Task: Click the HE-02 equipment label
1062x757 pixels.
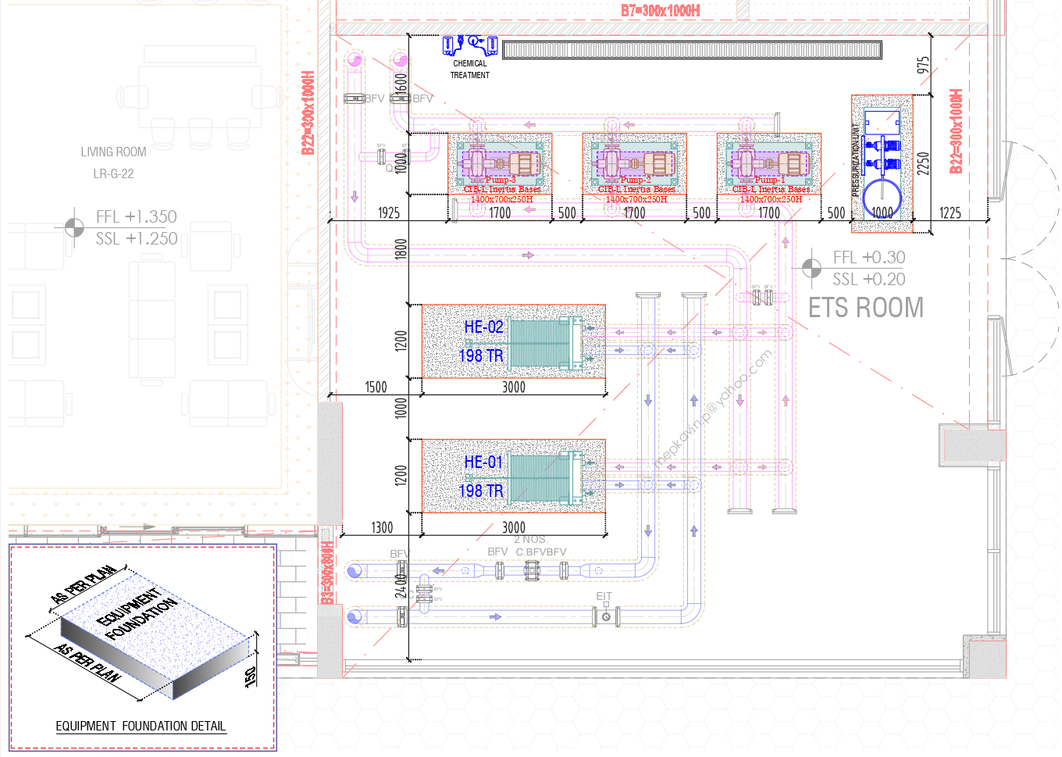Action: pyautogui.click(x=483, y=327)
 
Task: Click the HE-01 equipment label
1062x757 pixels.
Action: pyautogui.click(x=483, y=462)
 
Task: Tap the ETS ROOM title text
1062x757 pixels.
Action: pyautogui.click(x=865, y=308)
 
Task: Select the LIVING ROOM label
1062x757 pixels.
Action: pyautogui.click(x=113, y=152)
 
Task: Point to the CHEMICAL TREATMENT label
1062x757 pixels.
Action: pyautogui.click(x=469, y=69)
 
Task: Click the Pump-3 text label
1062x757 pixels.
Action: pyautogui.click(x=501, y=180)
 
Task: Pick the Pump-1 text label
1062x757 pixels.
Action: pyautogui.click(x=770, y=180)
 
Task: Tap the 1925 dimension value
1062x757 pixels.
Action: pyautogui.click(x=388, y=212)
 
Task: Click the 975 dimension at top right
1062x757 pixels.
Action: pyautogui.click(x=923, y=65)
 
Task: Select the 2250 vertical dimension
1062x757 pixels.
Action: pyautogui.click(x=923, y=163)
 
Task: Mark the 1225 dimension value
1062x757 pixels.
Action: pyautogui.click(x=950, y=212)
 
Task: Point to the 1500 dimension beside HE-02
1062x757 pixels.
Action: pyautogui.click(x=376, y=387)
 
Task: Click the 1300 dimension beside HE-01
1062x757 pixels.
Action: pyautogui.click(x=382, y=527)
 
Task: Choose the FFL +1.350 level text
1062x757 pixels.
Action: pyautogui.click(x=136, y=216)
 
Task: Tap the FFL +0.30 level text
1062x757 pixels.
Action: pyautogui.click(x=868, y=257)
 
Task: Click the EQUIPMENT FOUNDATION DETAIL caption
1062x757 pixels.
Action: pyautogui.click(x=141, y=726)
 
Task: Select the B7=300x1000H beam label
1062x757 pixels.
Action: pyautogui.click(x=660, y=10)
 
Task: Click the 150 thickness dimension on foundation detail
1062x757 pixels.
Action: pyautogui.click(x=251, y=676)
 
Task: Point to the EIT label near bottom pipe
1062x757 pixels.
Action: pyautogui.click(x=604, y=596)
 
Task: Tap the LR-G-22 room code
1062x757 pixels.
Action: pyautogui.click(x=113, y=173)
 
